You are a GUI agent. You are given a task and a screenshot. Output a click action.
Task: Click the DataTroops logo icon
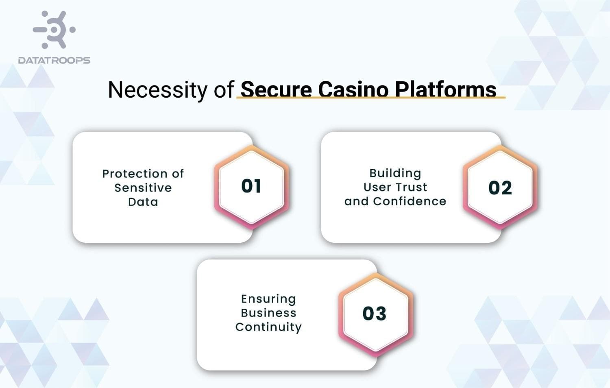coord(54,30)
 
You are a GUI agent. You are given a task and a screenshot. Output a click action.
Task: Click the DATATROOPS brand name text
coord(54,61)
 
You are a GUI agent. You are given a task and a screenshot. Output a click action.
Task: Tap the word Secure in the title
coord(276,89)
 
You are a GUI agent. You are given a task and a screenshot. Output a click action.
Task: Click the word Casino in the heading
coord(353,89)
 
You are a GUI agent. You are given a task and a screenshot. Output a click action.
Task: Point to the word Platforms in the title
coord(445,89)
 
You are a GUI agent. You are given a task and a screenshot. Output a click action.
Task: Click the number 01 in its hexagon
coord(251,186)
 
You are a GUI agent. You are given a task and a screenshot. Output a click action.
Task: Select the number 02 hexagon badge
coord(500,188)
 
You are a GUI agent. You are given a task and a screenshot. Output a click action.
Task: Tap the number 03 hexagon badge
coord(375,314)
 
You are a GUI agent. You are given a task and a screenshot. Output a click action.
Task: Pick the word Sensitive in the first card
coord(143,188)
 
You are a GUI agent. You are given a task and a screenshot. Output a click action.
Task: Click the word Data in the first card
coord(143,202)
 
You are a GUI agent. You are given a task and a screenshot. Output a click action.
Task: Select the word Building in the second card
coord(395,173)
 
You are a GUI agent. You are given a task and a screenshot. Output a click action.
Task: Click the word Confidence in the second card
coord(410,201)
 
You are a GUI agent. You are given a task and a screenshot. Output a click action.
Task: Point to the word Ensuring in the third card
coord(268,299)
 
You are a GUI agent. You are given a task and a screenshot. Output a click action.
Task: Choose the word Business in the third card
coord(268,313)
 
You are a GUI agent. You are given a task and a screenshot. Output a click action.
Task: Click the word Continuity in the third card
coord(268,327)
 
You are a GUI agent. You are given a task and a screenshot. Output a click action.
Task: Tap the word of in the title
coord(224,90)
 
